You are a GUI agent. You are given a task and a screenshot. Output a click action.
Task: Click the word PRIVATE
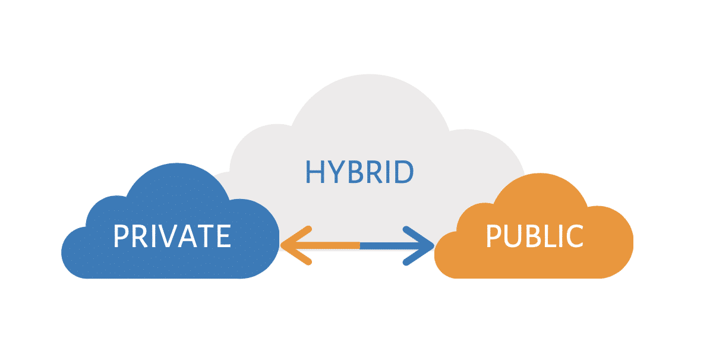172,236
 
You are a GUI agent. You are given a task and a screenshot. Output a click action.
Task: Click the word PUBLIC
534,236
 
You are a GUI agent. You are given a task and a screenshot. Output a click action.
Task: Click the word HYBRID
358,172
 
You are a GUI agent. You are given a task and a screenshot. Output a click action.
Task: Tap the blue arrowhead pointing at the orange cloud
423,245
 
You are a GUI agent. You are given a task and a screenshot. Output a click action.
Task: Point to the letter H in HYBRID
315,172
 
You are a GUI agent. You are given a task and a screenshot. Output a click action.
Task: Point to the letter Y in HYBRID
334,172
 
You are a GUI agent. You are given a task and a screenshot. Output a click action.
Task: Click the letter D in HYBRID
403,172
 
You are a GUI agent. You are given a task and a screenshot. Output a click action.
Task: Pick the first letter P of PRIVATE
121,236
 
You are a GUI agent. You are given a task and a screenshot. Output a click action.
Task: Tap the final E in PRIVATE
223,236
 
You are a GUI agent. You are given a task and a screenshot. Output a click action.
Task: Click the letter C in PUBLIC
573,236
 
